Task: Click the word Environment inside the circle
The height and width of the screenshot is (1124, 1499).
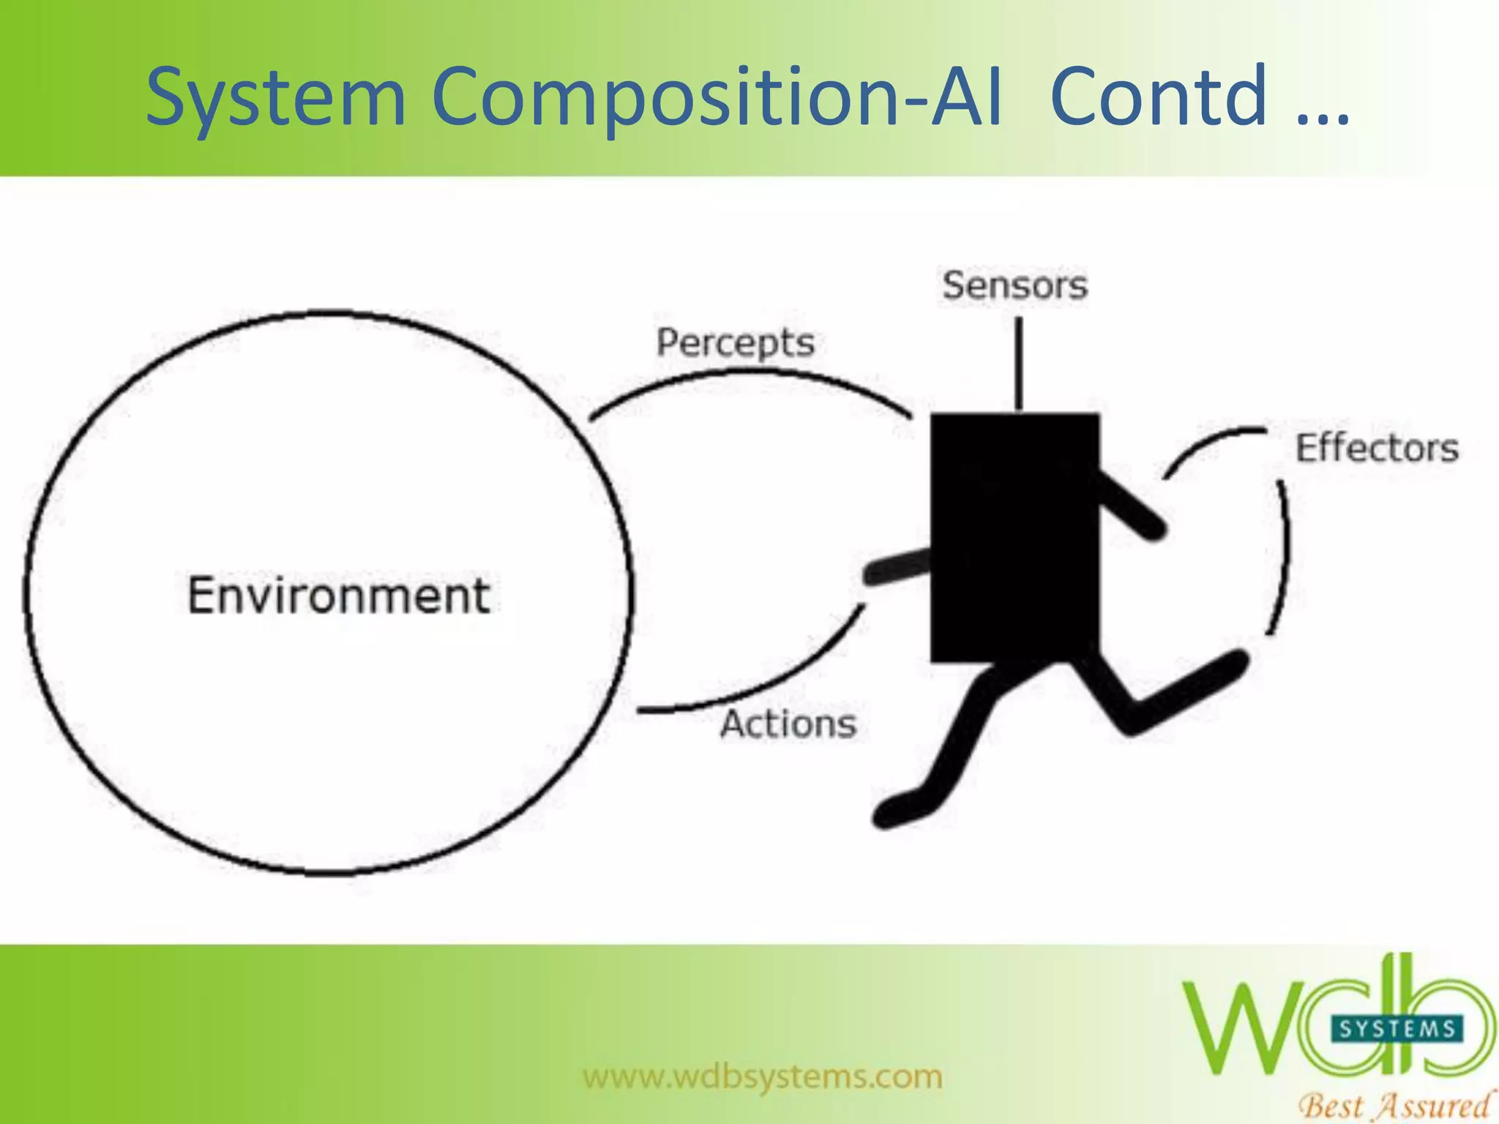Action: [338, 596]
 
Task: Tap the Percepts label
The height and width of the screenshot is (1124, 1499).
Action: [735, 342]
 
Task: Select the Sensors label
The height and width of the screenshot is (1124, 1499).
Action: [1014, 285]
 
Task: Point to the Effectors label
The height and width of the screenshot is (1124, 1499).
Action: [1377, 449]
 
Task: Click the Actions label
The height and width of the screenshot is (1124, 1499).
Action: [788, 724]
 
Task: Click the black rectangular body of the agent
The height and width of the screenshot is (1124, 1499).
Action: [1014, 538]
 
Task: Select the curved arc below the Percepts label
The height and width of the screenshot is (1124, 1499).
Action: [754, 375]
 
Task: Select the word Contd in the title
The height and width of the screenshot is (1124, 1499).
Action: [1158, 97]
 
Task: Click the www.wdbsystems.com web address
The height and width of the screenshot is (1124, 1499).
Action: [763, 1076]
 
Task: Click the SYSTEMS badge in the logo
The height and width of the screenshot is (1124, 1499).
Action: [1397, 1030]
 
